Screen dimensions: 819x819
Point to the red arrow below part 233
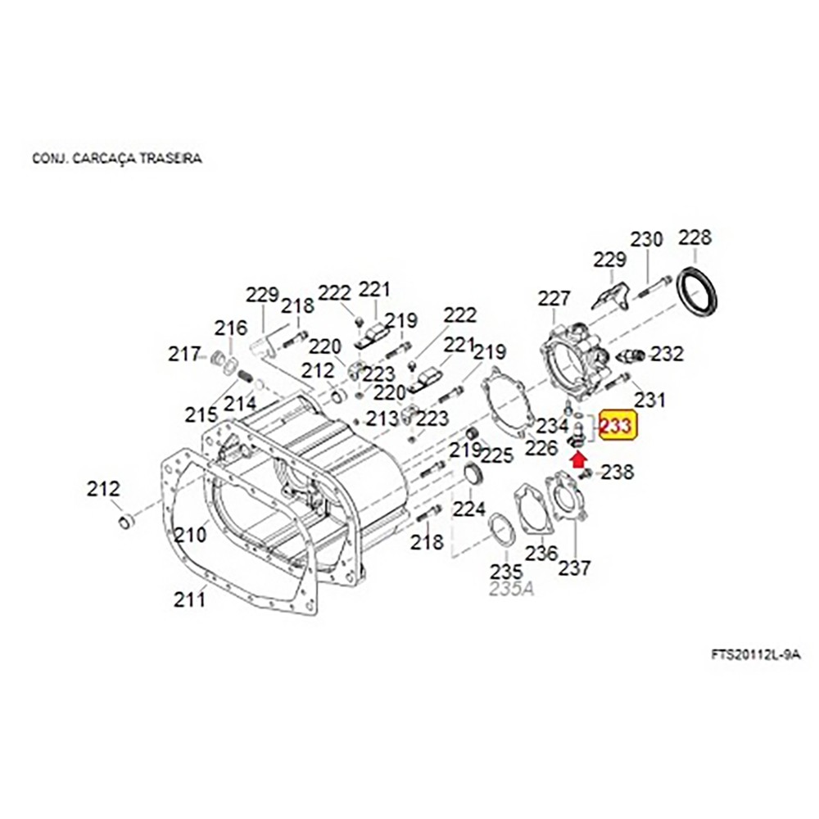(588, 467)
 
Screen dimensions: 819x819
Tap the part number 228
(695, 238)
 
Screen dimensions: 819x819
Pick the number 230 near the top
(646, 240)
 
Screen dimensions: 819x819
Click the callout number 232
(667, 355)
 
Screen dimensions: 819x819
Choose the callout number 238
(618, 472)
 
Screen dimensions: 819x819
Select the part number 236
(541, 554)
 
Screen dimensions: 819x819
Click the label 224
(469, 510)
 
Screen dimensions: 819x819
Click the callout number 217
(184, 355)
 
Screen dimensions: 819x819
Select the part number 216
(231, 328)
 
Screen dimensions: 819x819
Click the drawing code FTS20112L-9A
(754, 655)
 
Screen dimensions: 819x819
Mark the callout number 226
(541, 448)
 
